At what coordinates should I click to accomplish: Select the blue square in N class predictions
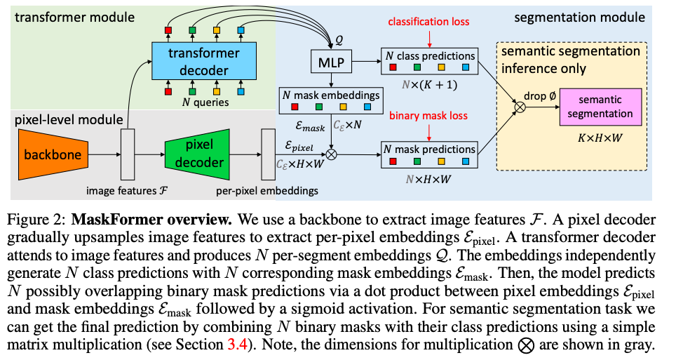[x=465, y=67]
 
